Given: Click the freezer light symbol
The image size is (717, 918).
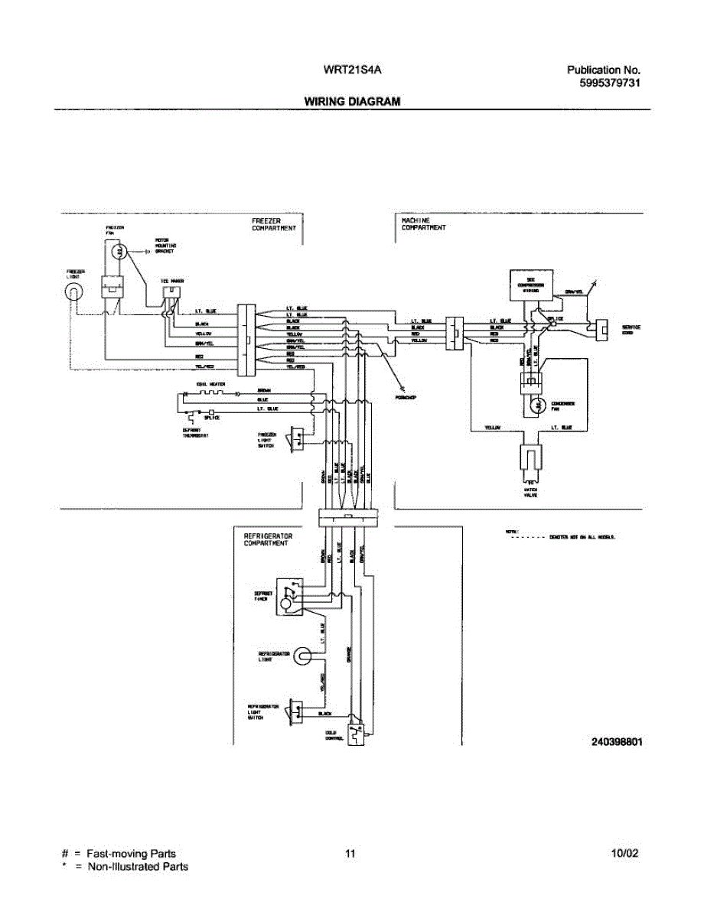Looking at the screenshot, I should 73,291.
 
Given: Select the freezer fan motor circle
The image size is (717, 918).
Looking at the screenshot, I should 116,251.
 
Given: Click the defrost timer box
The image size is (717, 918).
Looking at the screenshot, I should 288,596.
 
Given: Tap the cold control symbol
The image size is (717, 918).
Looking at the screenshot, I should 355,732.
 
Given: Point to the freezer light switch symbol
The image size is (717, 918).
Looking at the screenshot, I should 294,439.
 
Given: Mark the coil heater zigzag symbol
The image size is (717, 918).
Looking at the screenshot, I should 207,393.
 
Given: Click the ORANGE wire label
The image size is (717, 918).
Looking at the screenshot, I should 350,654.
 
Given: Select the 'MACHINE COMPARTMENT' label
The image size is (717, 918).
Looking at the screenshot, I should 424,223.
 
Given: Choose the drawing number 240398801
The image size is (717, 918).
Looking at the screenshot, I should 616,742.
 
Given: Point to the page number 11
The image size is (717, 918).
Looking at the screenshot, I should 350,854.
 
